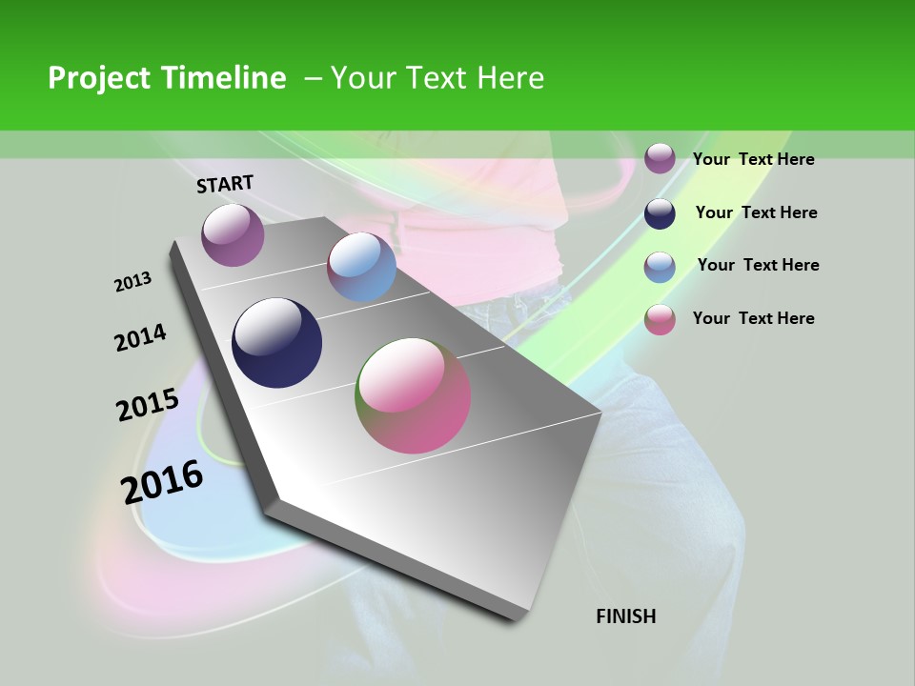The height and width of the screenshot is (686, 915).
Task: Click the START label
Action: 225,184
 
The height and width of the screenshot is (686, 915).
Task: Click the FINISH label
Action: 626,616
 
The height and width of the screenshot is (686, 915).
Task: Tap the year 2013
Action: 133,282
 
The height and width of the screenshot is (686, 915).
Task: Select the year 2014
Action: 140,337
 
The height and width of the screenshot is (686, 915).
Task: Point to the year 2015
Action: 148,405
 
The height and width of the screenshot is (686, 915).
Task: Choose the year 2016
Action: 162,482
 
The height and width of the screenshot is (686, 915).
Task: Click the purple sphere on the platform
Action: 233,235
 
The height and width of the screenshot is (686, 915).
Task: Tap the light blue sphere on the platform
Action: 361,267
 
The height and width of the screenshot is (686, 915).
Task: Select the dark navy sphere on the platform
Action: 277,343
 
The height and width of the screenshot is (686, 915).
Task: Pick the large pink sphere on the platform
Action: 413,395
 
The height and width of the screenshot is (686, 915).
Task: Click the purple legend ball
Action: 660,158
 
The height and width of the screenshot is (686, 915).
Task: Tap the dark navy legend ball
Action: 660,213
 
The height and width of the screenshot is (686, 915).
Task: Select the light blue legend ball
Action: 660,267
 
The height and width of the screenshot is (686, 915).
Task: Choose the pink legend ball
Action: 660,319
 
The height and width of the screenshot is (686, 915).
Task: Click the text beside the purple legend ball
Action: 753,159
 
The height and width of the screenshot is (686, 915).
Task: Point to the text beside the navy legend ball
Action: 756,212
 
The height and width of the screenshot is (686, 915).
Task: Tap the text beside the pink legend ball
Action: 753,318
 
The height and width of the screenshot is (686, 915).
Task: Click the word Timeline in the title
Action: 225,78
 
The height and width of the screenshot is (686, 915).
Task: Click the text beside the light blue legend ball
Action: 758,265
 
